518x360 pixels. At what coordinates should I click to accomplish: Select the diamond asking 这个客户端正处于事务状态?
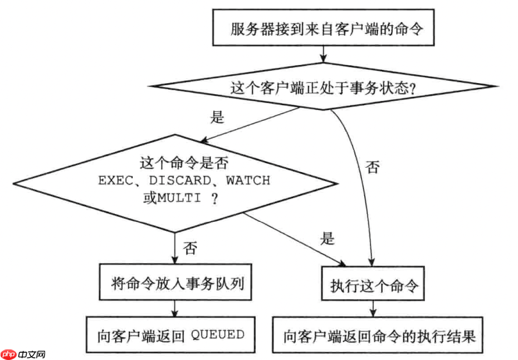tap(322, 87)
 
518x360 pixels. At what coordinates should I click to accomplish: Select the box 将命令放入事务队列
tap(175, 284)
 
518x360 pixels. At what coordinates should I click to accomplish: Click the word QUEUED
tap(218, 334)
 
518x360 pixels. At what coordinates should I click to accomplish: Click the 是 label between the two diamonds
tap(217, 118)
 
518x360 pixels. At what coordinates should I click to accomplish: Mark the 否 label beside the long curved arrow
tap(373, 167)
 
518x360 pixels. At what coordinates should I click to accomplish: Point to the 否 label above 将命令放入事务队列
tap(190, 249)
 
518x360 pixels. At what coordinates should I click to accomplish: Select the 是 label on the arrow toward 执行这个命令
tap(328, 239)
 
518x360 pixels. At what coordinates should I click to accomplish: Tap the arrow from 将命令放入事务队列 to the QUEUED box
tap(175, 308)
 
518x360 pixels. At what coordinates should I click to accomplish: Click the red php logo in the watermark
tap(8, 354)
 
